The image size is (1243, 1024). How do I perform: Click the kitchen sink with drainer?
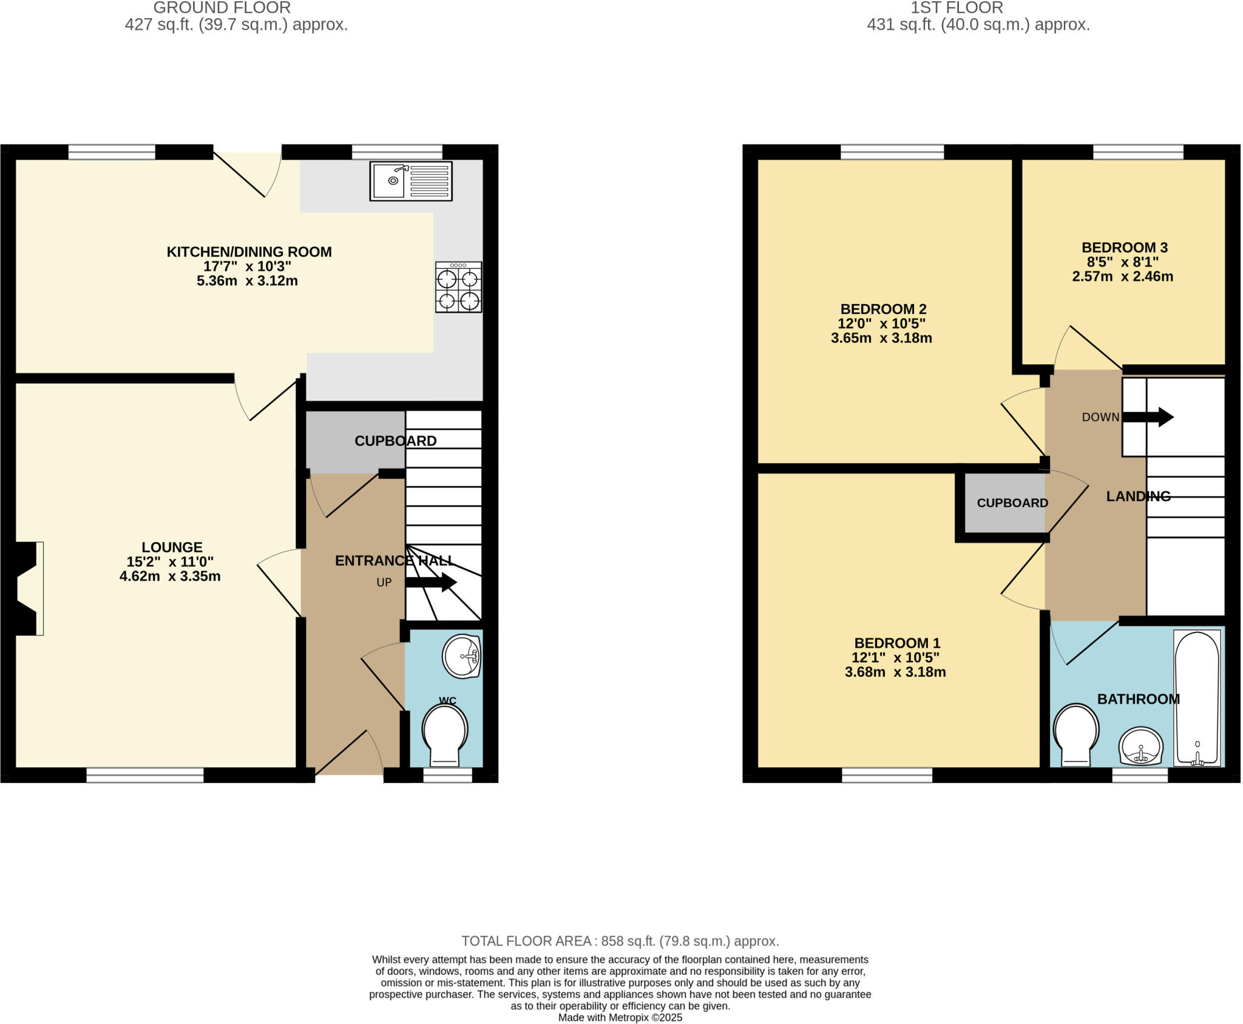[411, 181]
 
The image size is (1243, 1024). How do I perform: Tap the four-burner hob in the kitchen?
[458, 287]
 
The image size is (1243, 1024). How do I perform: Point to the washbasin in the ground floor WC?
[462, 656]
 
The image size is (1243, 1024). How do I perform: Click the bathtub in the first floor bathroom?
[1197, 697]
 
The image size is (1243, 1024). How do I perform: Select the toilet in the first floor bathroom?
[1076, 733]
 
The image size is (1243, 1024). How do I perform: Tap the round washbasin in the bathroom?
[1141, 746]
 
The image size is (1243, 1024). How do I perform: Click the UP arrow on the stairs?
[431, 582]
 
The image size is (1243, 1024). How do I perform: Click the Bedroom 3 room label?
[1124, 248]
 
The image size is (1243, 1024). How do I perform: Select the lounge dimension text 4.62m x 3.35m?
[170, 576]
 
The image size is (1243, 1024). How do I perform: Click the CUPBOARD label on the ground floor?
[395, 441]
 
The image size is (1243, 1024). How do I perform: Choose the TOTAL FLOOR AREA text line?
[620, 941]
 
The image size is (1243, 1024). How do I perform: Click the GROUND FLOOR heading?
[222, 8]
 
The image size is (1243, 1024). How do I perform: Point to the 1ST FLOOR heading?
[957, 8]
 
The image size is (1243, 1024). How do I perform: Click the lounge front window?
[145, 775]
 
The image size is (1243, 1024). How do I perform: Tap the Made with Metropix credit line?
[620, 1017]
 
